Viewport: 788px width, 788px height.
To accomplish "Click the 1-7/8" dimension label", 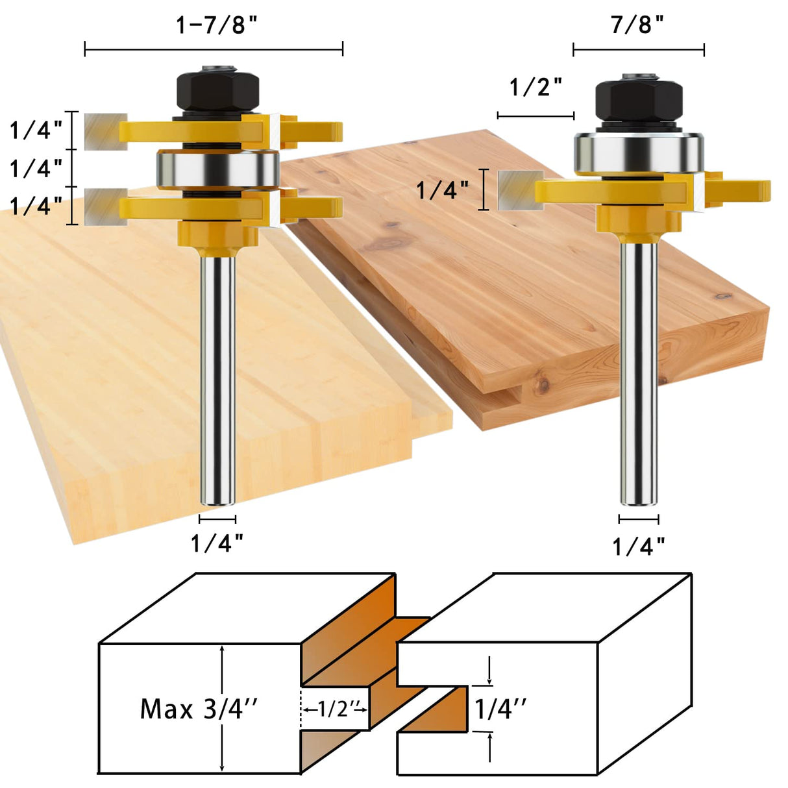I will [217, 25].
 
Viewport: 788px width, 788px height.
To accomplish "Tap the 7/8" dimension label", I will [637, 25].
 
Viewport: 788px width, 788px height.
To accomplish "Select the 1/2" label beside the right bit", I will [536, 87].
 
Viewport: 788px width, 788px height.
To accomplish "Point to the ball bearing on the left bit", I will [217, 169].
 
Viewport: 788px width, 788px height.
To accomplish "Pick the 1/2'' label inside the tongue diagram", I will [335, 709].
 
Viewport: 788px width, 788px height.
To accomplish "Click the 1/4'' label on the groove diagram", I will [500, 709].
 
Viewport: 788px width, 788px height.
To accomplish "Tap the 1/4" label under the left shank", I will [217, 543].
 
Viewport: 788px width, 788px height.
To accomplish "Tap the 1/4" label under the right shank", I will [639, 547].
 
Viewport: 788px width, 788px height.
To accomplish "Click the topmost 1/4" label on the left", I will [36, 130].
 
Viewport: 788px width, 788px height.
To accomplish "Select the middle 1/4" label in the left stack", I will [36, 169].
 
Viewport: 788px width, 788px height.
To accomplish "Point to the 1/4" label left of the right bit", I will [442, 190].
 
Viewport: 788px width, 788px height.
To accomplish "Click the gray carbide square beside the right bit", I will [520, 190].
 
